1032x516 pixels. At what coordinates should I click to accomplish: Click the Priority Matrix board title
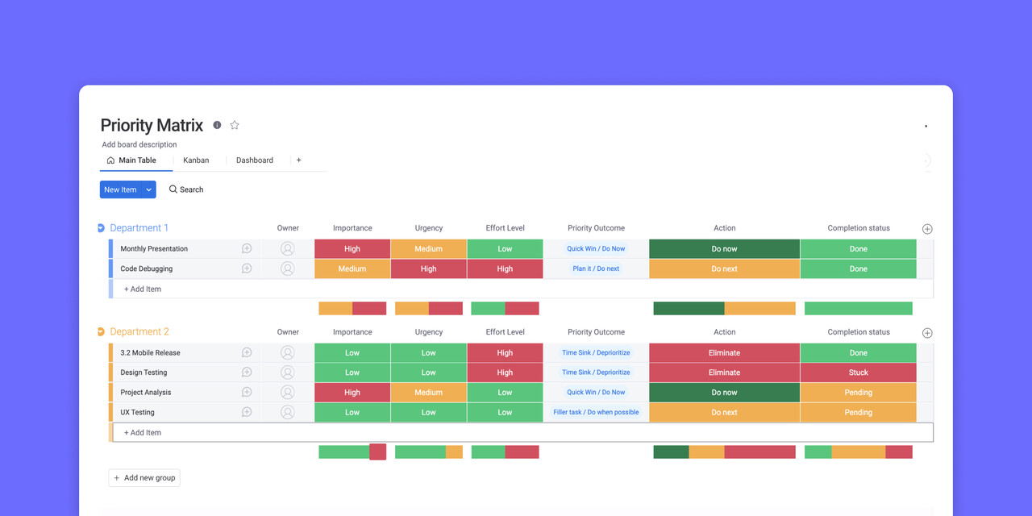tap(152, 125)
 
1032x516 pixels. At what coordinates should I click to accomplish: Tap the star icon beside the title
tap(235, 125)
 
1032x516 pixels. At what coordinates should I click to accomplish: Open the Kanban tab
tap(196, 160)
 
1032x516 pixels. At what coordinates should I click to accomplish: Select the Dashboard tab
tap(254, 160)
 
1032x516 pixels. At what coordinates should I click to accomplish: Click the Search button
tap(186, 189)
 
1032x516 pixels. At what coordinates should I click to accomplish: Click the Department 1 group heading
tap(139, 228)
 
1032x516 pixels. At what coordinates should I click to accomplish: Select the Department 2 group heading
tap(139, 332)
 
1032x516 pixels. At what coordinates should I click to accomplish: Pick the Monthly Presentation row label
tap(154, 249)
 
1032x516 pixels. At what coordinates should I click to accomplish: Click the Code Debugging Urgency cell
tap(428, 269)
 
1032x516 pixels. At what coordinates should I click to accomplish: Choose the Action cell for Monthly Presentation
tap(724, 249)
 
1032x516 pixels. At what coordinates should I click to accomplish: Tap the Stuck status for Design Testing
tap(858, 372)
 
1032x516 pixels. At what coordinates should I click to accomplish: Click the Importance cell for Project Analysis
tap(352, 393)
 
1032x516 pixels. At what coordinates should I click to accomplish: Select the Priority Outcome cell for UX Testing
tap(596, 413)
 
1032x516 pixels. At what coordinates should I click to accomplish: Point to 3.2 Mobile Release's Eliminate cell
tap(724, 353)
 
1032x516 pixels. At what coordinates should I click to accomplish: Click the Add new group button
tap(144, 478)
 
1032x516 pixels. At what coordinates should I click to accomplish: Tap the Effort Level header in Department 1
tap(505, 228)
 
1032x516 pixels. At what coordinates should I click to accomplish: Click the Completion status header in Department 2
tap(858, 332)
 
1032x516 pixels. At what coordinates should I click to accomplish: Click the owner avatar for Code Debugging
tap(288, 269)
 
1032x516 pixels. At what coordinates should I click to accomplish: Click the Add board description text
tap(139, 145)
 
